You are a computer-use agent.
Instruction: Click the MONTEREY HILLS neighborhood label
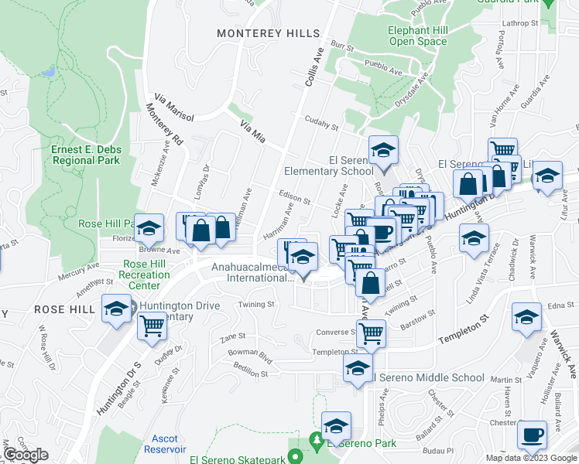268,33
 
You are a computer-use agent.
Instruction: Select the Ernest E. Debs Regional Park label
85,155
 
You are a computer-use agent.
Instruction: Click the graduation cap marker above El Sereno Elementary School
382,150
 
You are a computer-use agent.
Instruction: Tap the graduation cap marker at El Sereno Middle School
358,368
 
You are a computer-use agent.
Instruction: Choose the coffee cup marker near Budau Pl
532,435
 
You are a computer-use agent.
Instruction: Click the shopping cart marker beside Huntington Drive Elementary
152,326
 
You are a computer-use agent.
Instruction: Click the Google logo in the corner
26,455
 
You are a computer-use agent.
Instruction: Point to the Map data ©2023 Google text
531,458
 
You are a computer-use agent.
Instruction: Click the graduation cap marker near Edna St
526,317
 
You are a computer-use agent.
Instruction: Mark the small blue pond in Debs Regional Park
50,71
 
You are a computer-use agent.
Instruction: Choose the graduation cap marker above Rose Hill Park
149,227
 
